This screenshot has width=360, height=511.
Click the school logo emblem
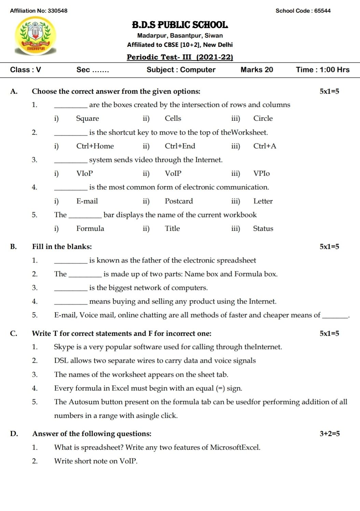click(36, 36)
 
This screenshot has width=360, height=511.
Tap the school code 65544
click(322, 11)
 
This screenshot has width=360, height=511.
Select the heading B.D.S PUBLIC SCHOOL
click(180, 25)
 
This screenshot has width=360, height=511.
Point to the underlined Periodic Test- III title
click(180, 57)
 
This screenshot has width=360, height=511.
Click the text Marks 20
click(257, 70)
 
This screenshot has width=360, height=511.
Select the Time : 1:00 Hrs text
click(322, 70)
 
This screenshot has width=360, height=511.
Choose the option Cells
click(173, 119)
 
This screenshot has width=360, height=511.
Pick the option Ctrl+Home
click(95, 146)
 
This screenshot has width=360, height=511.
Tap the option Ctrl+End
click(180, 146)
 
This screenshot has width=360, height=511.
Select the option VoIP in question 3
click(173, 174)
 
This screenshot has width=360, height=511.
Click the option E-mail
click(87, 201)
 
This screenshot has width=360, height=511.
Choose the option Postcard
click(179, 201)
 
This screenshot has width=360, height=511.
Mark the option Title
click(172, 229)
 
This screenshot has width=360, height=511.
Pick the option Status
click(263, 229)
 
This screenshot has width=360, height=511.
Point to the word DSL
click(61, 361)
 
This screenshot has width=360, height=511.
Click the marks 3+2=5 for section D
click(330, 434)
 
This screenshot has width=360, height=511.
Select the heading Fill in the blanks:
click(62, 247)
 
